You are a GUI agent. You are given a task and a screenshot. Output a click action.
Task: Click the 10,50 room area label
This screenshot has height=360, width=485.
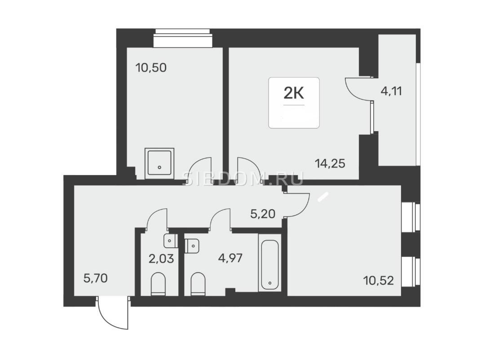(151, 67)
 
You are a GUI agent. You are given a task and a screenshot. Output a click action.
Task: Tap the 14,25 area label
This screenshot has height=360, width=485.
(330, 163)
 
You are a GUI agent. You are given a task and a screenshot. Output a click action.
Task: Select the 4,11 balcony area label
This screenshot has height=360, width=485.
(391, 91)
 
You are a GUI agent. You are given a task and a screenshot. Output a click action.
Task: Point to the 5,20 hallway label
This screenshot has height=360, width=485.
(263, 214)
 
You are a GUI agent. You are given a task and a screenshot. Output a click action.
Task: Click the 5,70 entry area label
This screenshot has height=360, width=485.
(96, 278)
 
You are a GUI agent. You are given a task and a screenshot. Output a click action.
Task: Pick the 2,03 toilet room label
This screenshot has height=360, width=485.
(161, 259)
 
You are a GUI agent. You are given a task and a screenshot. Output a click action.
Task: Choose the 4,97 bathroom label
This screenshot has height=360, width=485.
(230, 258)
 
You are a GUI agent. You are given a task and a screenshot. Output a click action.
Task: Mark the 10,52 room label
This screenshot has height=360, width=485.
(379, 281)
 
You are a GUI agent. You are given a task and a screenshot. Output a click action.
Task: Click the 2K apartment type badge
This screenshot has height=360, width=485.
(294, 103)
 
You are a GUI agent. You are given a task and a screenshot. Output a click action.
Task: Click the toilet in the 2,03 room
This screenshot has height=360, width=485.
(158, 284)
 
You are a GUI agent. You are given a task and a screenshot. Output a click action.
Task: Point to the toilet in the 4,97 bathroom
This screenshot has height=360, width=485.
(198, 284)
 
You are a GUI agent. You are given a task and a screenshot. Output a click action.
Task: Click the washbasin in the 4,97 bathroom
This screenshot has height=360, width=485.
(192, 246)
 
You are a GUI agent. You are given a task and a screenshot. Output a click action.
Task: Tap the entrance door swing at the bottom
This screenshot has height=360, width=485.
(113, 312)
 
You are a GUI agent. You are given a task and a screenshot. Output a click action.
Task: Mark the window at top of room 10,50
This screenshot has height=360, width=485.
(183, 38)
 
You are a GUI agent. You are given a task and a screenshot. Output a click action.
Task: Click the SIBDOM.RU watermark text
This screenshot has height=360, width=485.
(243, 179)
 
